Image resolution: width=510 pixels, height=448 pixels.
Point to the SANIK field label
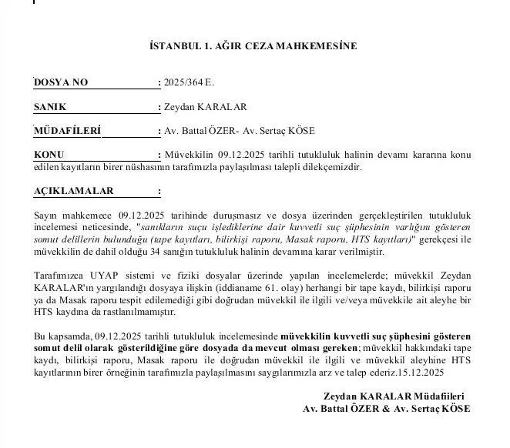(x=51, y=106)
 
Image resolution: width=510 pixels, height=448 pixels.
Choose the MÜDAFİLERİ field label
(x=68, y=130)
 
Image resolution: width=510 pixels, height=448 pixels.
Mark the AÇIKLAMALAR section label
(x=74, y=190)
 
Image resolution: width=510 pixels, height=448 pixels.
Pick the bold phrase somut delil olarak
(x=70, y=349)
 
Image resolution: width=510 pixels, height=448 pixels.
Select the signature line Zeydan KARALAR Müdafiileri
(x=396, y=396)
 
